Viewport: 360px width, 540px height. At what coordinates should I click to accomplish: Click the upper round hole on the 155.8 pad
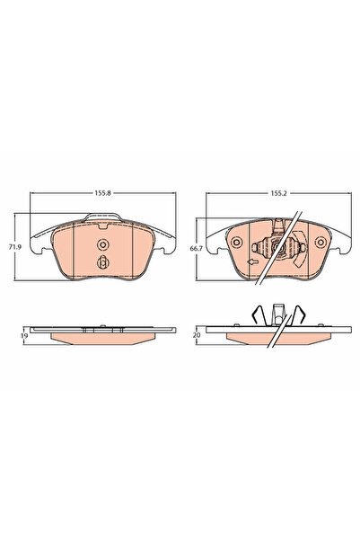tap(102, 245)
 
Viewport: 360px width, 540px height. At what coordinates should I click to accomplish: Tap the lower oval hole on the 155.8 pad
tap(102, 263)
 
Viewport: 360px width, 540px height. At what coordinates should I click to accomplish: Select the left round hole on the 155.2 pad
tap(239, 241)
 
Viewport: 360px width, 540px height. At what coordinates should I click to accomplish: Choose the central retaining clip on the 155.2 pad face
tap(281, 246)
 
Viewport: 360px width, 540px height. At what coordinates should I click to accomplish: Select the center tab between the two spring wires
tap(281, 314)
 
